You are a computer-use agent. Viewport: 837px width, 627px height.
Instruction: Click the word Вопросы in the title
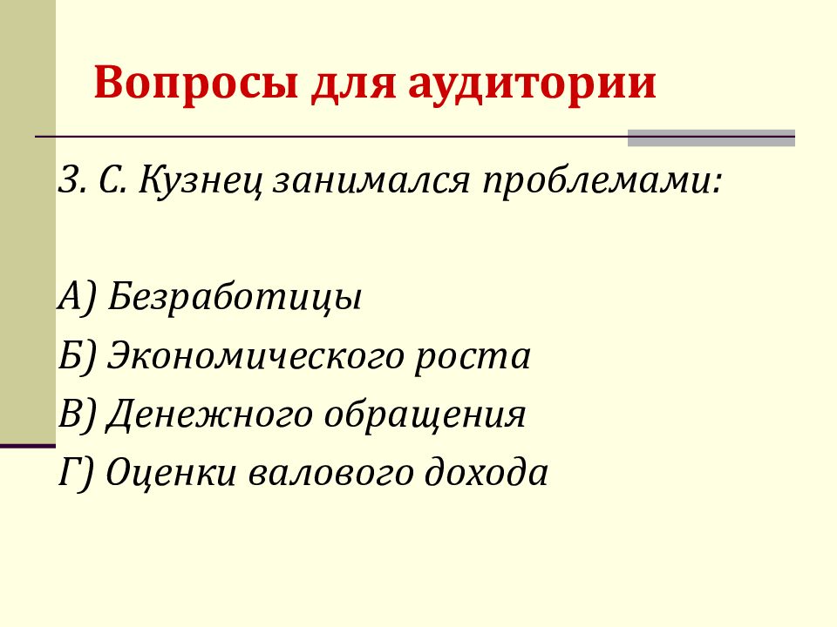pos(195,84)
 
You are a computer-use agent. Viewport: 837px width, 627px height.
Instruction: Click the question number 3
pos(71,179)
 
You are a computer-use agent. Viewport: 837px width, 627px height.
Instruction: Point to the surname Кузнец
pos(201,181)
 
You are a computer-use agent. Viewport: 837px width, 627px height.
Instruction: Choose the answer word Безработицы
pos(235,296)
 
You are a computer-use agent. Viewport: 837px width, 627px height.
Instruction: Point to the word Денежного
pos(209,415)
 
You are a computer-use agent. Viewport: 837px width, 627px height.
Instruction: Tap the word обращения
pos(425,415)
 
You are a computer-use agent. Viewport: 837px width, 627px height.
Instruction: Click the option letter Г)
pos(75,472)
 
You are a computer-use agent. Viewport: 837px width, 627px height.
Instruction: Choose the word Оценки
pos(171,472)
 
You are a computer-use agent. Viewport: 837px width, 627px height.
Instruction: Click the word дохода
pos(487,472)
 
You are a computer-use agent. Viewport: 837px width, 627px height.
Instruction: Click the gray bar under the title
pos(711,138)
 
